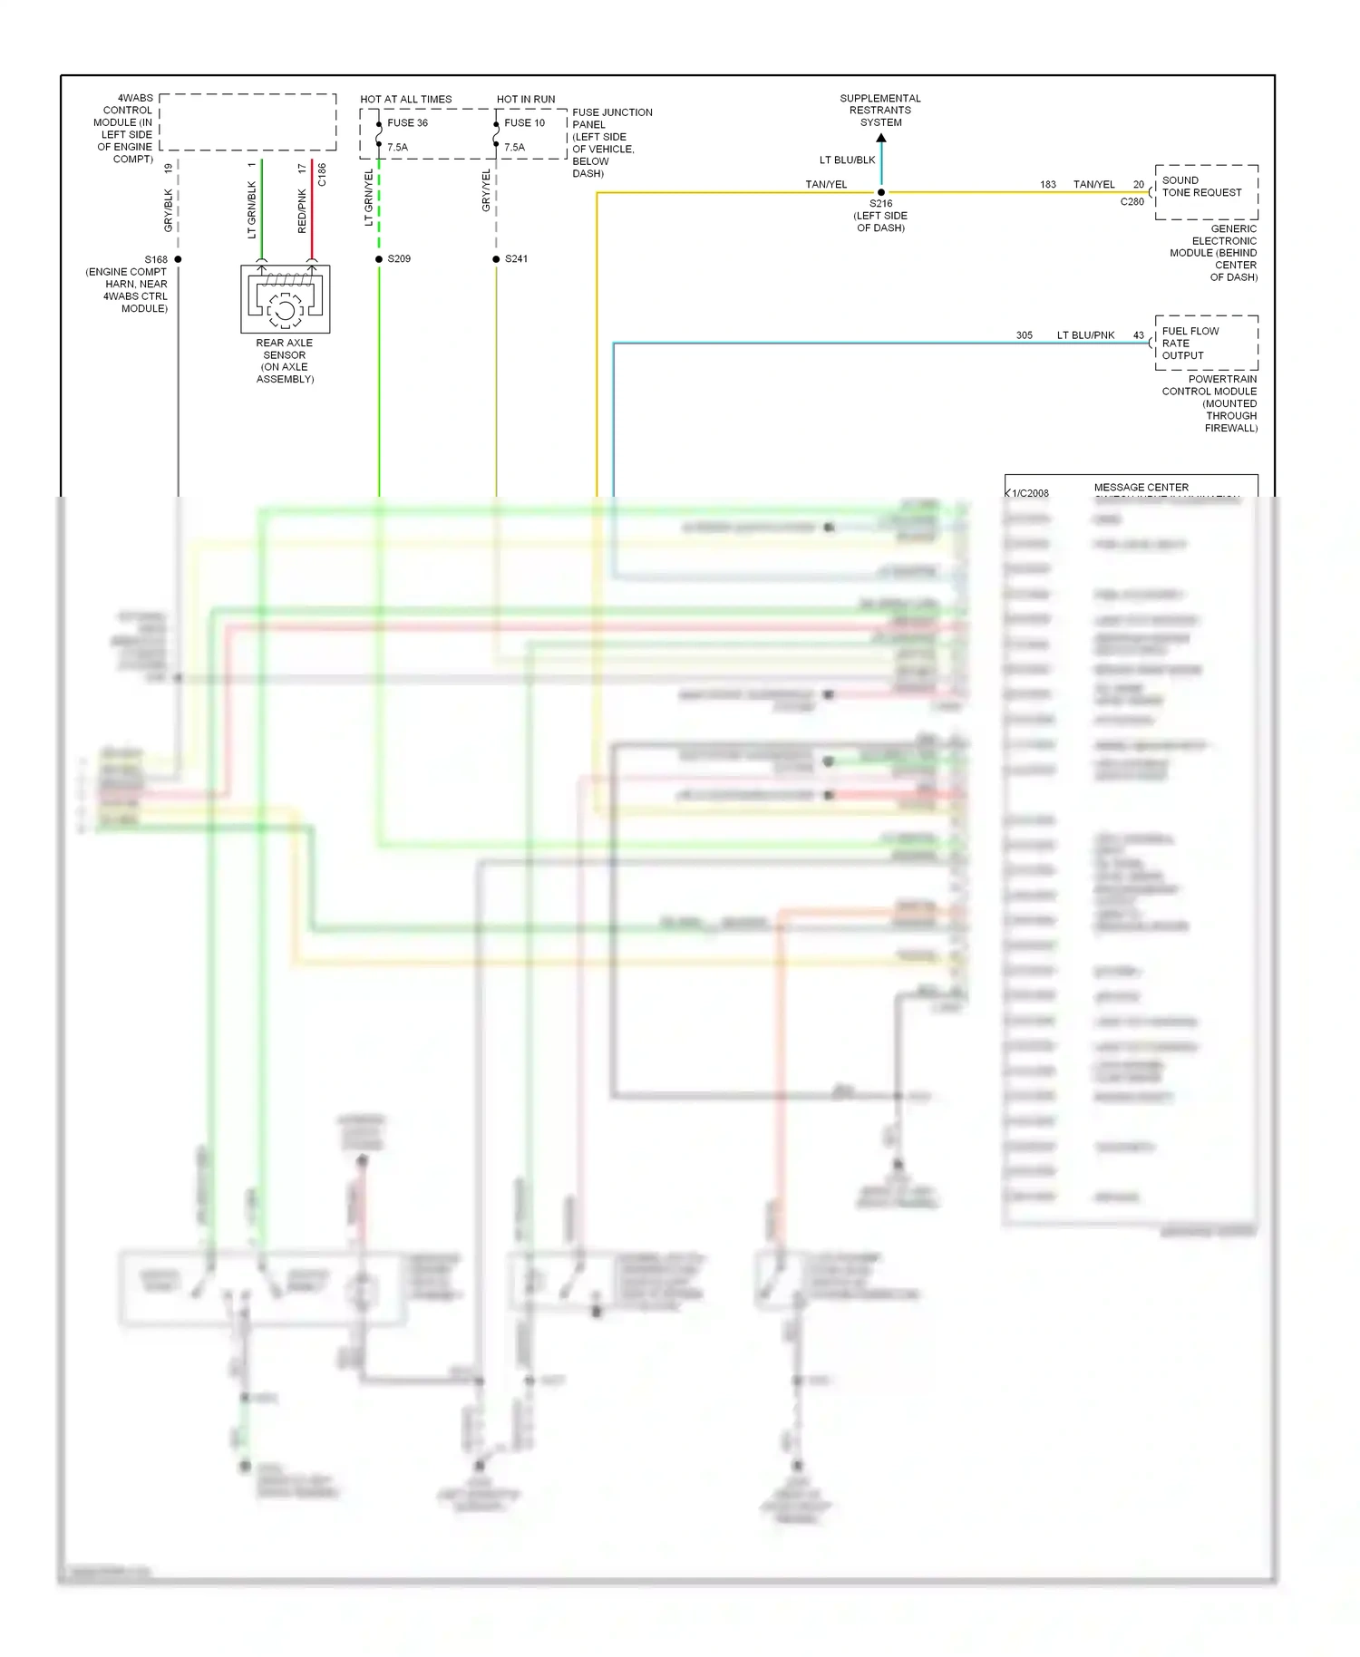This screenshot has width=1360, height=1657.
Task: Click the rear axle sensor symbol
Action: [x=285, y=299]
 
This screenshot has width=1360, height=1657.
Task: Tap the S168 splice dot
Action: [x=178, y=259]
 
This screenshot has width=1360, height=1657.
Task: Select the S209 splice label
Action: [x=399, y=259]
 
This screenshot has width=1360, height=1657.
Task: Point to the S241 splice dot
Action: [x=496, y=259]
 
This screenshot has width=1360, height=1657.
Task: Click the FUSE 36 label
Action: [x=407, y=123]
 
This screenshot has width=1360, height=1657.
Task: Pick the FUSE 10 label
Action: [x=524, y=123]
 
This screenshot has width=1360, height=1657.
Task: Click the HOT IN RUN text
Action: [x=526, y=100]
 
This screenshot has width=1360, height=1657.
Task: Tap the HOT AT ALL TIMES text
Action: [x=405, y=100]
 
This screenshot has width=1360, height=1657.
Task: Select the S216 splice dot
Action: [x=881, y=192]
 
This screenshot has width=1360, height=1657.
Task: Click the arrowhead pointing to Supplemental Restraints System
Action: [x=881, y=139]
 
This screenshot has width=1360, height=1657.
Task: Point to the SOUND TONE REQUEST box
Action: [x=1206, y=191]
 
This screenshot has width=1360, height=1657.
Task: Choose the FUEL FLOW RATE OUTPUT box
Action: [x=1206, y=343]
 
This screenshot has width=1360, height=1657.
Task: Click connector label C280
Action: [x=1132, y=202]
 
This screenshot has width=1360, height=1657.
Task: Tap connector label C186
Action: [x=322, y=175]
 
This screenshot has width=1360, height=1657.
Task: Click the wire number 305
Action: [x=1025, y=335]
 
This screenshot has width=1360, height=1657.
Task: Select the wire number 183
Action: [x=1048, y=185]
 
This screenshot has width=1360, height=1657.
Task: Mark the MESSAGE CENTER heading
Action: [x=1141, y=488]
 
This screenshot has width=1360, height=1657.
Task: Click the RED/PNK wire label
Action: [x=302, y=211]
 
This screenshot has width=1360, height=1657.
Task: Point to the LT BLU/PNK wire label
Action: [x=1085, y=335]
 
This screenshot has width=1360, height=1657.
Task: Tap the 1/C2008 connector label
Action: [x=1030, y=493]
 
